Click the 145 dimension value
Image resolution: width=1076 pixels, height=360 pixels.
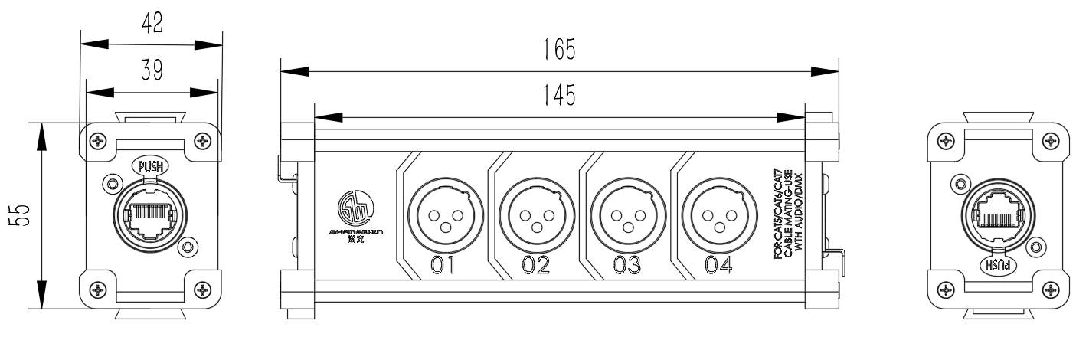[x=558, y=97]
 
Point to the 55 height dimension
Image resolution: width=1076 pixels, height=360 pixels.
[x=22, y=217]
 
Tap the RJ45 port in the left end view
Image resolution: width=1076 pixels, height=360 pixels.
[x=150, y=217]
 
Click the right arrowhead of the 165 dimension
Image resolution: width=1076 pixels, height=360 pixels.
[x=823, y=70]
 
